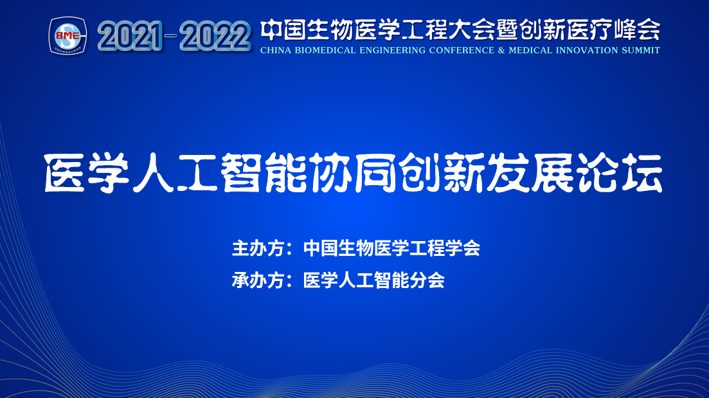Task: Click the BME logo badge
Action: (x=68, y=36)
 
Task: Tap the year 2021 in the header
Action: (x=130, y=36)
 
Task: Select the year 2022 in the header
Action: (x=215, y=36)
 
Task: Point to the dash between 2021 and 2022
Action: (x=171, y=35)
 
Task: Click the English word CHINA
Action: (x=276, y=50)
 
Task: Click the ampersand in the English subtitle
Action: (x=501, y=50)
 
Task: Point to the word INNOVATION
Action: (x=586, y=50)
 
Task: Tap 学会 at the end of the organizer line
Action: (x=463, y=248)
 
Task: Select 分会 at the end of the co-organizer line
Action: (x=427, y=280)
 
